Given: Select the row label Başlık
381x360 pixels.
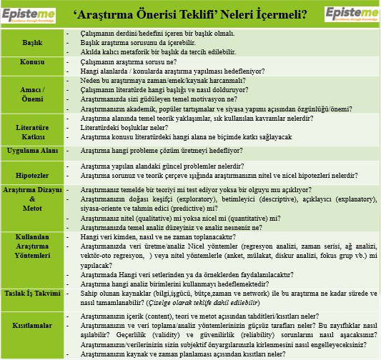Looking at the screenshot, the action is click(x=31, y=42).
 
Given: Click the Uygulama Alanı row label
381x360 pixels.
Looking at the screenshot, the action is click(x=31, y=151).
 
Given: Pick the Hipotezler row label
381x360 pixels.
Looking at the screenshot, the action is click(x=31, y=174).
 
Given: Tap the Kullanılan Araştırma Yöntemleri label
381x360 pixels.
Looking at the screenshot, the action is click(x=31, y=255).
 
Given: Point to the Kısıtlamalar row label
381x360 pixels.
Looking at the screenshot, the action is click(x=31, y=325).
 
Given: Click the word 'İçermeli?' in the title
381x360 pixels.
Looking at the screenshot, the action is click(x=286, y=13).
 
